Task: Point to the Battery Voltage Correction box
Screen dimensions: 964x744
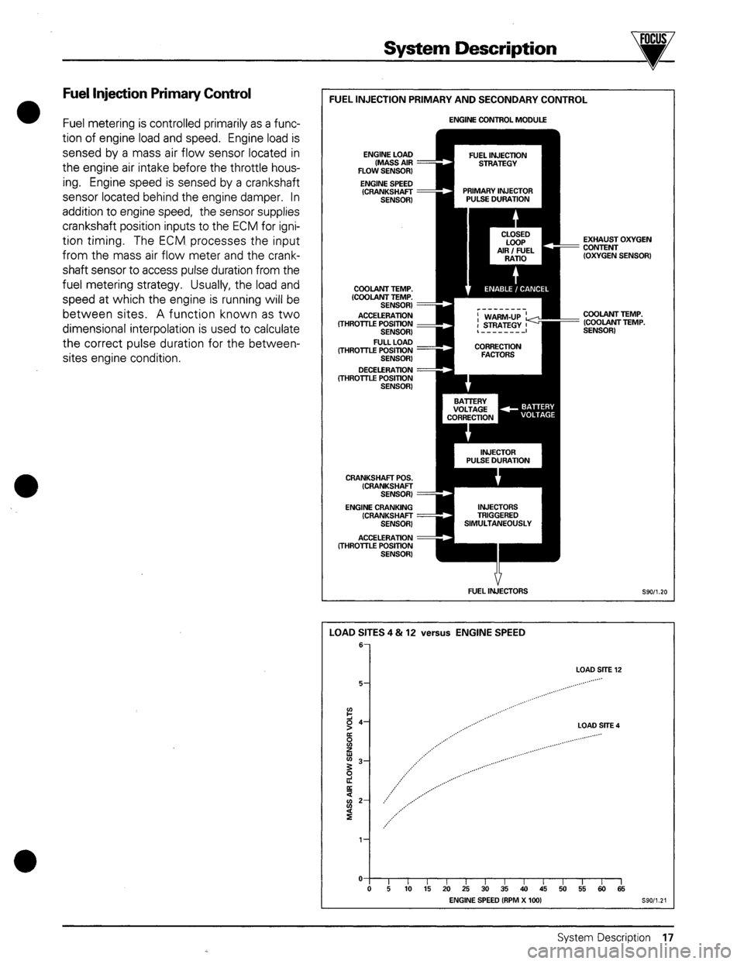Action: coord(468,409)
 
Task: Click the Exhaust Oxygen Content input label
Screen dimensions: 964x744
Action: coord(616,246)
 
